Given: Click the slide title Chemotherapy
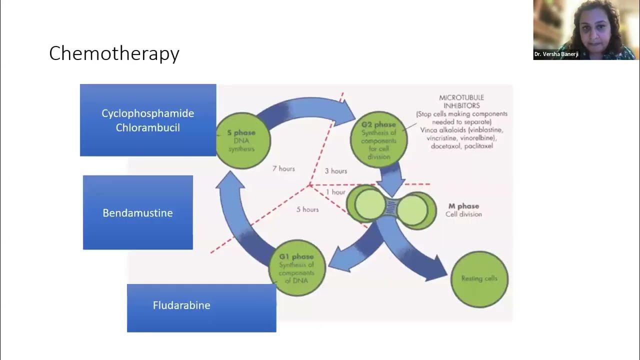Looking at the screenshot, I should tap(114, 53).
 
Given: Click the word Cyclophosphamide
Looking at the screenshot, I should tap(147, 113).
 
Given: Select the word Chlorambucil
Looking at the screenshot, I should tap(147, 127).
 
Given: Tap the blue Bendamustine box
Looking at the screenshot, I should tap(137, 212).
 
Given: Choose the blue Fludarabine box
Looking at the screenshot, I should tap(201, 307).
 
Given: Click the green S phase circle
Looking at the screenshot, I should tap(242, 140).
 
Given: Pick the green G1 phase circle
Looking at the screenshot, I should tap(297, 267).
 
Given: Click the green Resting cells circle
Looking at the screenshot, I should tap(479, 278).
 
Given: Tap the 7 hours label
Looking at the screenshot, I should tap(283, 168).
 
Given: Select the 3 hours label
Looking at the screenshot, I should tap(335, 171).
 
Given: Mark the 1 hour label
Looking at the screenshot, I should tap(335, 192).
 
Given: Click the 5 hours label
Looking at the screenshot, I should tap(307, 209).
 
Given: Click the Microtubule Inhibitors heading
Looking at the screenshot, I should tap(461, 101).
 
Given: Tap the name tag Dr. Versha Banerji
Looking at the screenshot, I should tap(556, 54).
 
